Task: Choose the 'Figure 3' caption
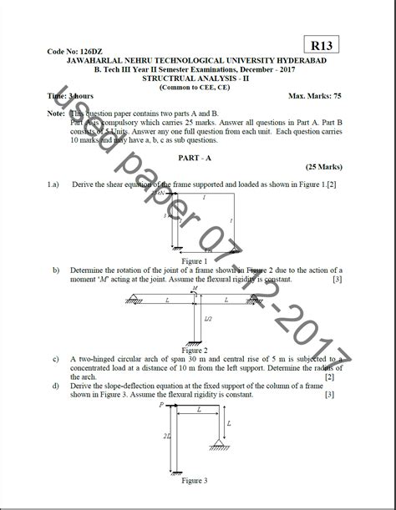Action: click(194, 481)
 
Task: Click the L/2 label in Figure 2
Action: click(207, 319)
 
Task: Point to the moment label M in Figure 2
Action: click(194, 290)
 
